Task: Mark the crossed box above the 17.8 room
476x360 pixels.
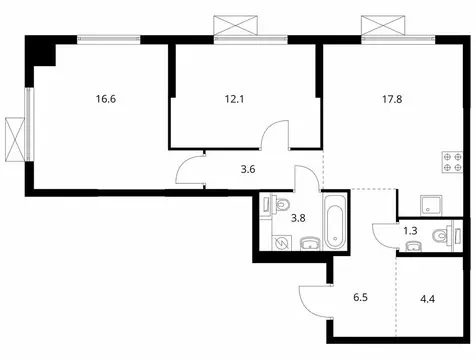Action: tap(381, 25)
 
